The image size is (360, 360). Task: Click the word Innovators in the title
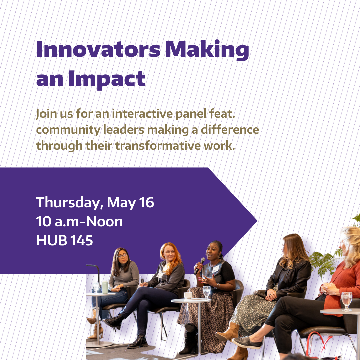98,49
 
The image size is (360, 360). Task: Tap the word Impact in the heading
107,79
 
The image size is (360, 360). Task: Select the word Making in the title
207,51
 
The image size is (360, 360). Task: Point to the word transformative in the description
158,146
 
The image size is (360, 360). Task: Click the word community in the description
68,130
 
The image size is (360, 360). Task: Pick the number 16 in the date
146,202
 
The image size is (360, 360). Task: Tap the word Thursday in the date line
68,203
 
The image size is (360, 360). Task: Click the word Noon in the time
104,222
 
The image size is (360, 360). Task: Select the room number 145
82,240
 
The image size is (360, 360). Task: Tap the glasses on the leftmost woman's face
122,256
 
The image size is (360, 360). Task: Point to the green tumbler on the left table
105,287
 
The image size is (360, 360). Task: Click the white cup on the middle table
188,295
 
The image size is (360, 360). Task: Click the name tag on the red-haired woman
160,275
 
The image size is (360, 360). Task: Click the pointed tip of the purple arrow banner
257,221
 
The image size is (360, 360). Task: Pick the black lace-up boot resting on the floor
138,342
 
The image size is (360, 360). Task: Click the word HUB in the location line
52,240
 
